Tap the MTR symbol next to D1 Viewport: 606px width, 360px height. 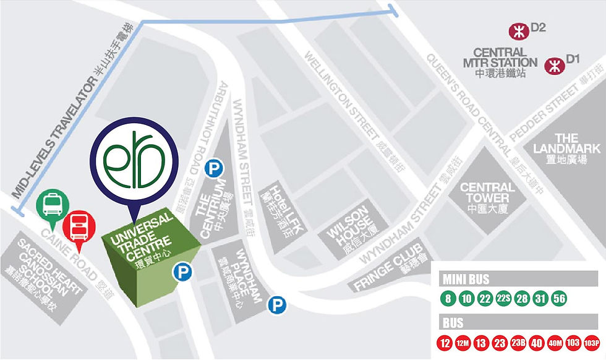(x=553, y=64)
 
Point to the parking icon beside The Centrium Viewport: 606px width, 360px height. (x=213, y=167)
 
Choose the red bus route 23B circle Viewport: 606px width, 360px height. (x=518, y=342)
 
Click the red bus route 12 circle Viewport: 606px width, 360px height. (x=444, y=342)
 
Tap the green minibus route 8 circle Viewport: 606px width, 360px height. (x=446, y=298)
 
